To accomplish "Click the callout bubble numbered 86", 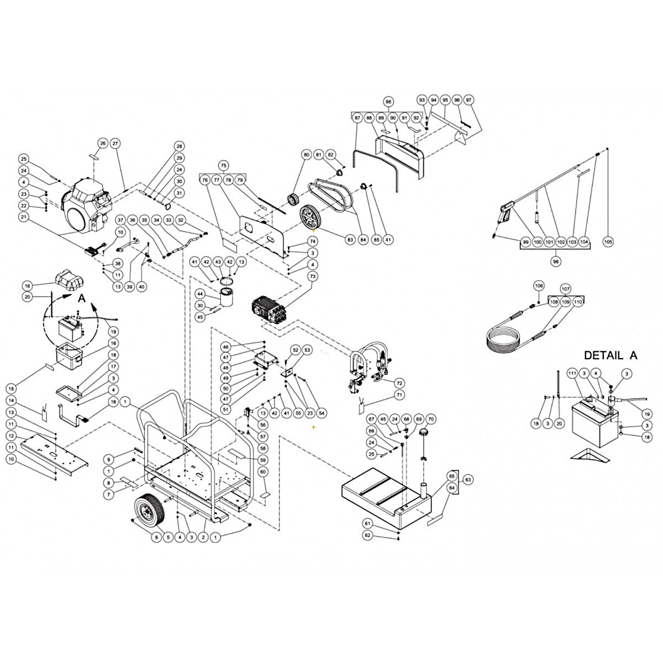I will point(388,102).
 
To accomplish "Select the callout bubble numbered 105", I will point(609,242).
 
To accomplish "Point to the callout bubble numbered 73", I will point(313,276).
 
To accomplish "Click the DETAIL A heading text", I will point(610,355).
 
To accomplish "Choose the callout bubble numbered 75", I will point(223,166).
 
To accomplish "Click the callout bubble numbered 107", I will point(565,289).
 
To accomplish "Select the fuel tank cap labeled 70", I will point(424,433).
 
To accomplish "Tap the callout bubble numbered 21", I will point(23,217).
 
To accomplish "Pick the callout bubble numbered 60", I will point(263,471).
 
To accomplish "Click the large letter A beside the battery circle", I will point(82,298).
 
